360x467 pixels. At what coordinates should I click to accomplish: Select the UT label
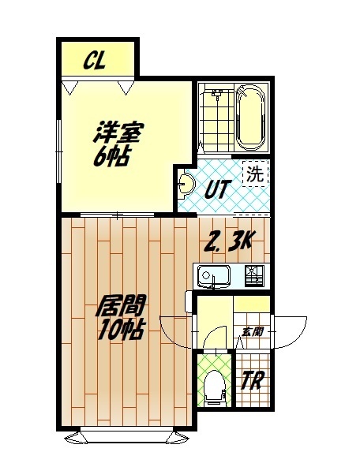[x=219, y=189]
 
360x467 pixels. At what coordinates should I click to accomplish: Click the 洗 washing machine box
[x=254, y=174]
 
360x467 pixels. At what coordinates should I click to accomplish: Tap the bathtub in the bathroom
[x=250, y=118]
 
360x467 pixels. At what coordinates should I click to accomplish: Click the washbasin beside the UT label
[x=186, y=185]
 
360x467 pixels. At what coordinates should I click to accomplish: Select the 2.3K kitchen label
[x=229, y=241]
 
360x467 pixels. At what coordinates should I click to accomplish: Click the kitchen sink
[x=212, y=277]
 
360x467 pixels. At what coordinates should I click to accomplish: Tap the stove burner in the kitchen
[x=254, y=276]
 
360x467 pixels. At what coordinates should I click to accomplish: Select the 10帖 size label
[x=118, y=331]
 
